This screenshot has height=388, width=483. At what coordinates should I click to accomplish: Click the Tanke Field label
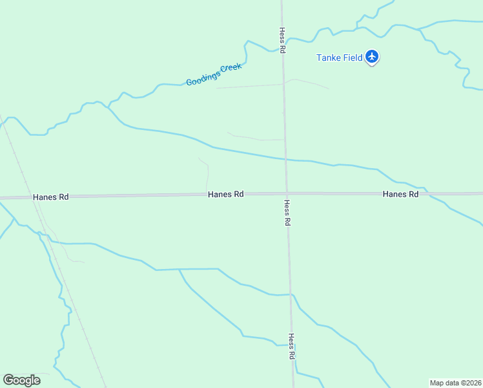click(339, 58)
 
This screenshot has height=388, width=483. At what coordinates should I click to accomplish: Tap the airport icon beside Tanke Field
click(372, 57)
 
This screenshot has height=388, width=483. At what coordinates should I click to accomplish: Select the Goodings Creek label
click(214, 74)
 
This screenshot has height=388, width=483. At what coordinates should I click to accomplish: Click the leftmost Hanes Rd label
click(50, 197)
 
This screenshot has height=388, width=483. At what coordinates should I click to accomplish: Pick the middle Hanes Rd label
click(225, 194)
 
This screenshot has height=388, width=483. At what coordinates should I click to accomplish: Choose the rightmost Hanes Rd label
click(400, 194)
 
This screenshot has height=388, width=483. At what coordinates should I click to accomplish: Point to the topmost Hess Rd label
click(282, 40)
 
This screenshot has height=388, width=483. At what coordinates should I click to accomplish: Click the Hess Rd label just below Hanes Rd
click(287, 212)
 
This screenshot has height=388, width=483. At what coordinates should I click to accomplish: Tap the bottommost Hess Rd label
click(291, 347)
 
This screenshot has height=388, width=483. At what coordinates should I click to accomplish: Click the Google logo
click(21, 380)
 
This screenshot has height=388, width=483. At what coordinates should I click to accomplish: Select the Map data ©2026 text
click(455, 383)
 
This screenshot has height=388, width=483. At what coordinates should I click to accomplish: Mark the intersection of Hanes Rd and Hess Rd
click(287, 193)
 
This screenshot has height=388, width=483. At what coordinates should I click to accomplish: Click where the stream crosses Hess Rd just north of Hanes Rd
click(285, 159)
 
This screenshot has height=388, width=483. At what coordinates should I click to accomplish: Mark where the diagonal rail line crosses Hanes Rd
click(35, 197)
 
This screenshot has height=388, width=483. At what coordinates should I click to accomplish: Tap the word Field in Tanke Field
click(353, 58)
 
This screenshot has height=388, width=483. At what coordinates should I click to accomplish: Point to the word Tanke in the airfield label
click(329, 58)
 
